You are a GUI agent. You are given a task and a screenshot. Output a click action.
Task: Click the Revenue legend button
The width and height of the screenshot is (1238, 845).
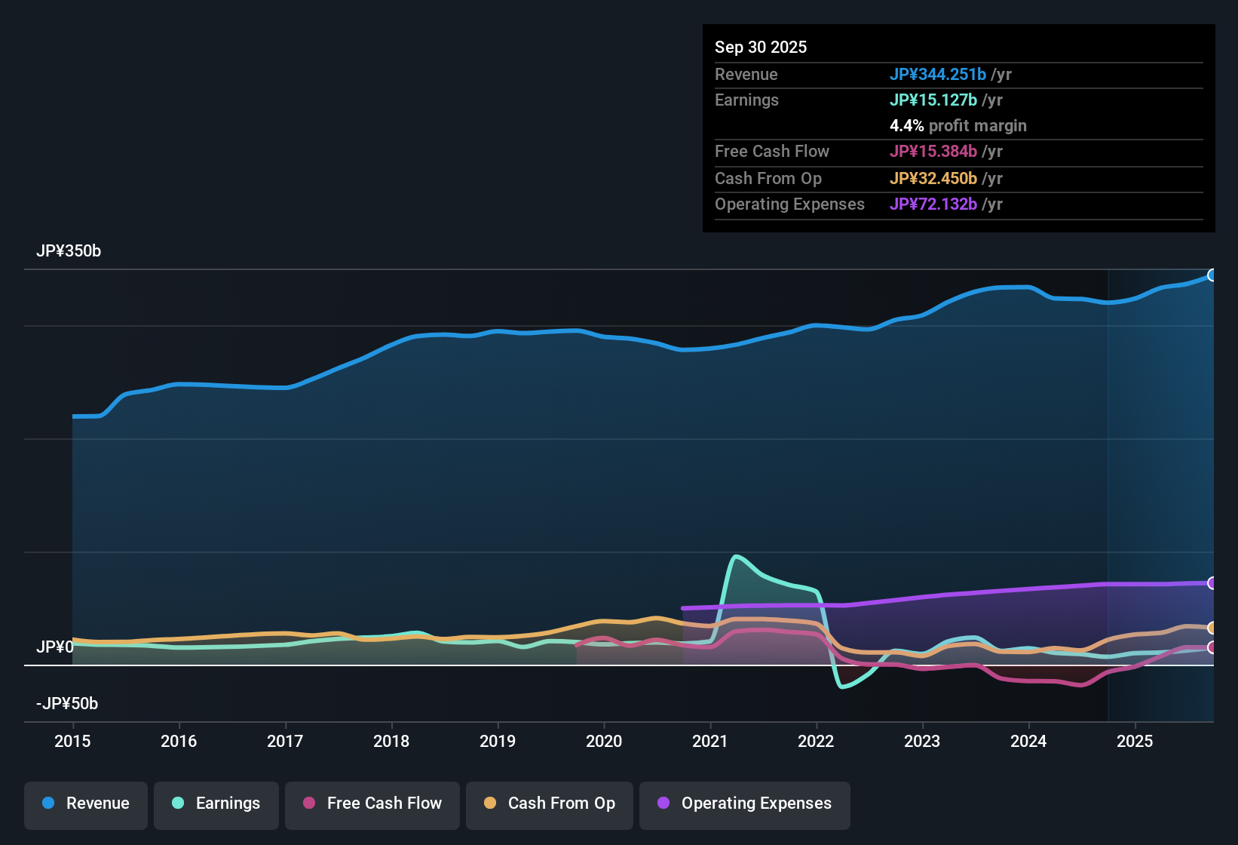click(86, 804)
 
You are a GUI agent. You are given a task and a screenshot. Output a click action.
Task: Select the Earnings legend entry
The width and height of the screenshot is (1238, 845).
click(216, 804)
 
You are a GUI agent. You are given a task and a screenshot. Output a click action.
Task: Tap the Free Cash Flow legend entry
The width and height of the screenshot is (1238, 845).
click(372, 804)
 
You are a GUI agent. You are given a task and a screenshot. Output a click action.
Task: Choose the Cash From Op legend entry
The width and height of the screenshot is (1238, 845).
click(550, 804)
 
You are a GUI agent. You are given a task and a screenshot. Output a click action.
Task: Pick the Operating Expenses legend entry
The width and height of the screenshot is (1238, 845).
click(745, 804)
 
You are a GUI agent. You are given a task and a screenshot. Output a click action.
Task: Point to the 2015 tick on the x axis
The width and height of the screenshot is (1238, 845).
click(72, 741)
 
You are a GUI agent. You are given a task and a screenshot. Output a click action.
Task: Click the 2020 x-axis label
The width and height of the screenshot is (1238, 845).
click(604, 741)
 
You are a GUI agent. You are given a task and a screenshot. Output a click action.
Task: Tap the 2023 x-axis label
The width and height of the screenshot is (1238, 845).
click(922, 741)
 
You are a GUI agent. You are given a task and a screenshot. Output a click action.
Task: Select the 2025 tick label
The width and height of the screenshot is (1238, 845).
click(1135, 741)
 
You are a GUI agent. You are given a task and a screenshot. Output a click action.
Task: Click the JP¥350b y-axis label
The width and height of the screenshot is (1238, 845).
click(69, 251)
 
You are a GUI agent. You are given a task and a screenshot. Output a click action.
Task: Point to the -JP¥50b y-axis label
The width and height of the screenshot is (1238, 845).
click(67, 704)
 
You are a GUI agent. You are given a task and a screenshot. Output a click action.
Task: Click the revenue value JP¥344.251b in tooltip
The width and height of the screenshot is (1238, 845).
click(938, 74)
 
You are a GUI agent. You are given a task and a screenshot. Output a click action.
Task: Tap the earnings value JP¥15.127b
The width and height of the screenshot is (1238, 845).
click(933, 100)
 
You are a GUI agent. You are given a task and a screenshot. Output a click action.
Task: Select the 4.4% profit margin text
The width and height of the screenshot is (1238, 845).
click(958, 126)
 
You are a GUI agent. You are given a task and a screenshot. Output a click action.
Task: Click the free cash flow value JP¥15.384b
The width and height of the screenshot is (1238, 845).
click(933, 151)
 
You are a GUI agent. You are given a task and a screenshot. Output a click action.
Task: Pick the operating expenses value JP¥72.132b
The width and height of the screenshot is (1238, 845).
click(933, 204)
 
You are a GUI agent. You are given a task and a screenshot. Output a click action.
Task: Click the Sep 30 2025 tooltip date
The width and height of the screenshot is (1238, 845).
click(761, 47)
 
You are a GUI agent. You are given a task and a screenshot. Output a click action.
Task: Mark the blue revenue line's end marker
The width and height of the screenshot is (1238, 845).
click(1212, 275)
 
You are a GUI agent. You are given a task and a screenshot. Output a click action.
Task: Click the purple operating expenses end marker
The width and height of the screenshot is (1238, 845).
click(1212, 583)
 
